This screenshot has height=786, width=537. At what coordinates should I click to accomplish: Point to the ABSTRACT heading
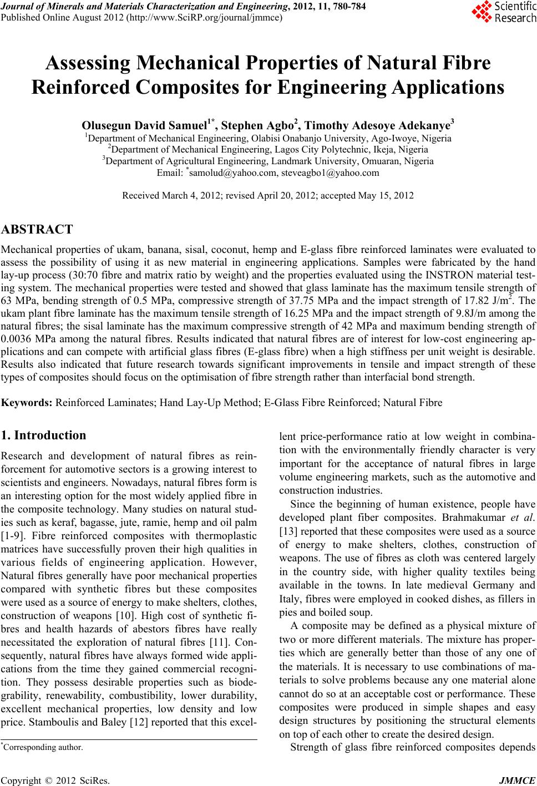coord(37,229)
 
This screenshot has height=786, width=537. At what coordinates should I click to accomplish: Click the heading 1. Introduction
coord(44,435)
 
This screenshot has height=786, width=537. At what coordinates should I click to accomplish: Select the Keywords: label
coord(27,402)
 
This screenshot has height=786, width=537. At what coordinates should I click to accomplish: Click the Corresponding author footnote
coord(43,747)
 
